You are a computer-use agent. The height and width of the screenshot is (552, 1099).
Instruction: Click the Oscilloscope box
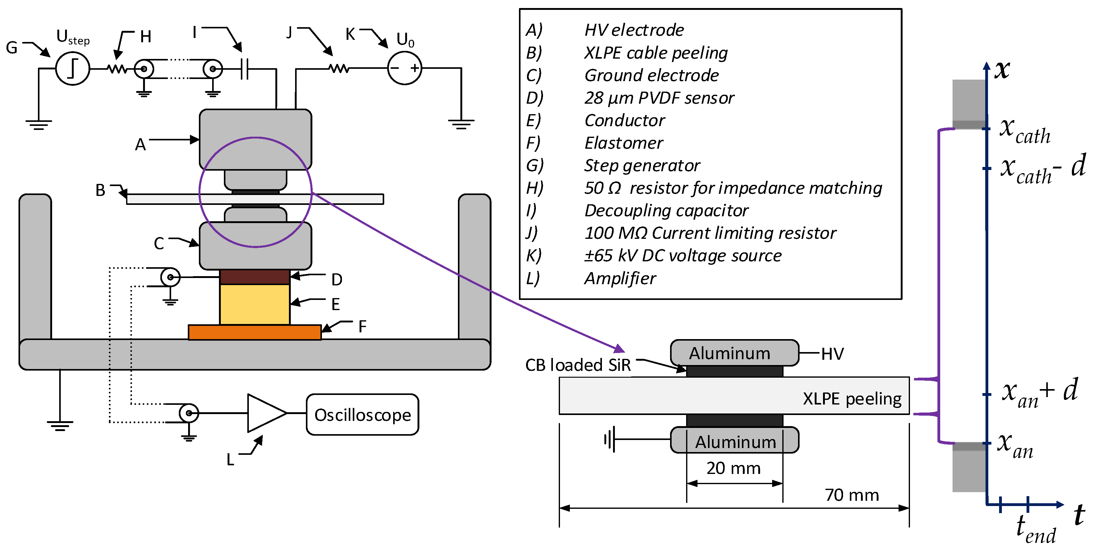click(362, 414)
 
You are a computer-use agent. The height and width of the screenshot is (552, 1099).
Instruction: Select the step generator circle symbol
click(72, 68)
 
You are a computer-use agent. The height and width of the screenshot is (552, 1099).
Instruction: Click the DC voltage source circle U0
click(405, 68)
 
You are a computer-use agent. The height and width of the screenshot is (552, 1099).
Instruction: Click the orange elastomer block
click(255, 332)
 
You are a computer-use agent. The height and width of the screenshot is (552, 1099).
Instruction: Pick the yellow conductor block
click(255, 304)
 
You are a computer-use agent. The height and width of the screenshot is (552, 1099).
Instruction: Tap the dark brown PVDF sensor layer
click(255, 277)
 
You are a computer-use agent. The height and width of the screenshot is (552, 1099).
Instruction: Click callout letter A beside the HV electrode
click(140, 145)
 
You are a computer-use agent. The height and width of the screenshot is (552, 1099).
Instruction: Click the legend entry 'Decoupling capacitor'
click(666, 210)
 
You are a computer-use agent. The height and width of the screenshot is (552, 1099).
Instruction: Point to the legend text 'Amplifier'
click(620, 278)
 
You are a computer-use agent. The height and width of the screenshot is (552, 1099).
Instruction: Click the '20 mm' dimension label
click(733, 468)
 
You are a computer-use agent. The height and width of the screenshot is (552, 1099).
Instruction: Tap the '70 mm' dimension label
click(852, 495)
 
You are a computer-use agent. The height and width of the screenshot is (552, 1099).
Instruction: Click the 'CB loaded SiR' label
click(578, 365)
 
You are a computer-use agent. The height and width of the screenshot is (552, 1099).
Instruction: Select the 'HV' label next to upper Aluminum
click(832, 354)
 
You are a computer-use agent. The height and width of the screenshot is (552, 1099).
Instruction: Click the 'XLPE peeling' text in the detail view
click(852, 399)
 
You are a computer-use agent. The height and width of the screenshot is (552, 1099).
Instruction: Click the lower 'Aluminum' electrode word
click(735, 442)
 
